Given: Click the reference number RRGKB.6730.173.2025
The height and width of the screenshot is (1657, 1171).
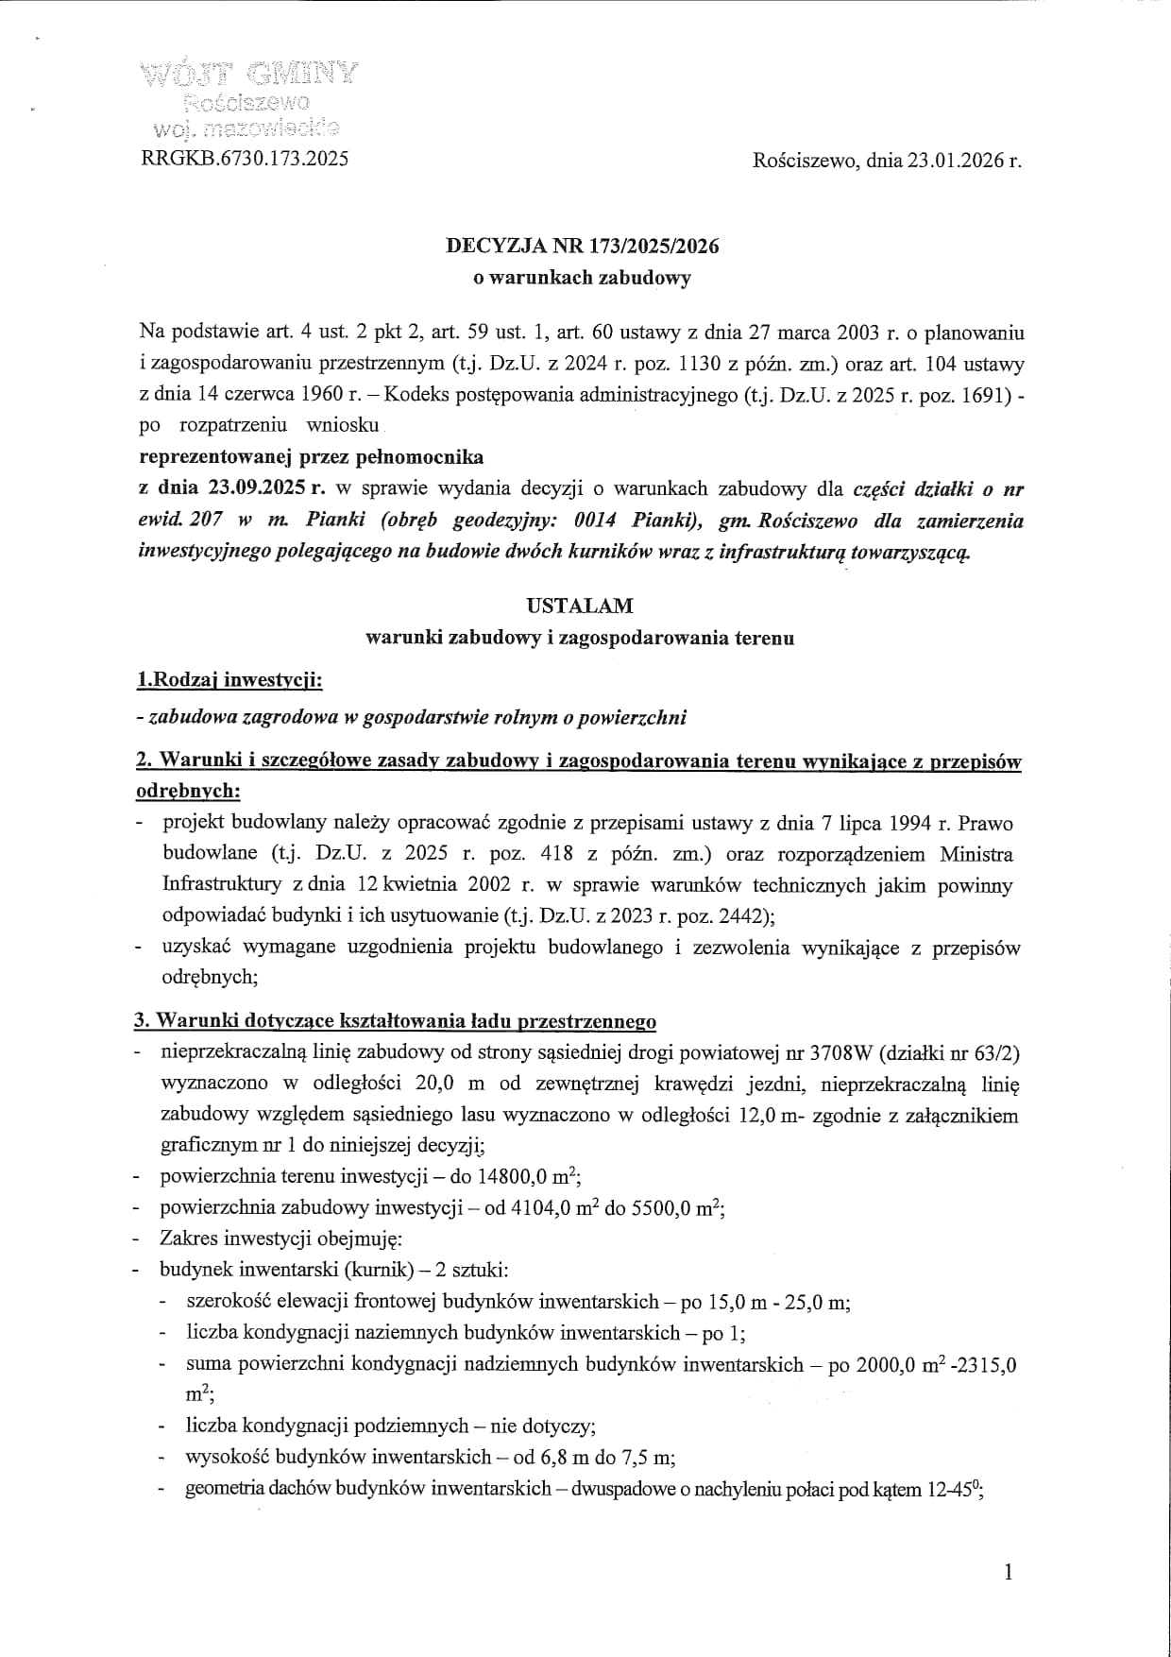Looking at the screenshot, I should tap(245, 159).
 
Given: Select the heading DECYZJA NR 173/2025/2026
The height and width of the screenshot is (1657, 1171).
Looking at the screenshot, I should tap(583, 246).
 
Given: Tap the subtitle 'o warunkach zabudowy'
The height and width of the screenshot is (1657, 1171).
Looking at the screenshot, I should tap(583, 278).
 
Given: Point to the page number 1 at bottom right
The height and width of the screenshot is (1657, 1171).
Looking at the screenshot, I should tap(1009, 1572).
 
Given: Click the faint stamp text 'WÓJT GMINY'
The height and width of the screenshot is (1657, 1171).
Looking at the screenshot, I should tap(249, 73).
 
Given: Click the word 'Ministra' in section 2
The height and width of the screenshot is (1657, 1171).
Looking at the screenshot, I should tap(976, 854).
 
